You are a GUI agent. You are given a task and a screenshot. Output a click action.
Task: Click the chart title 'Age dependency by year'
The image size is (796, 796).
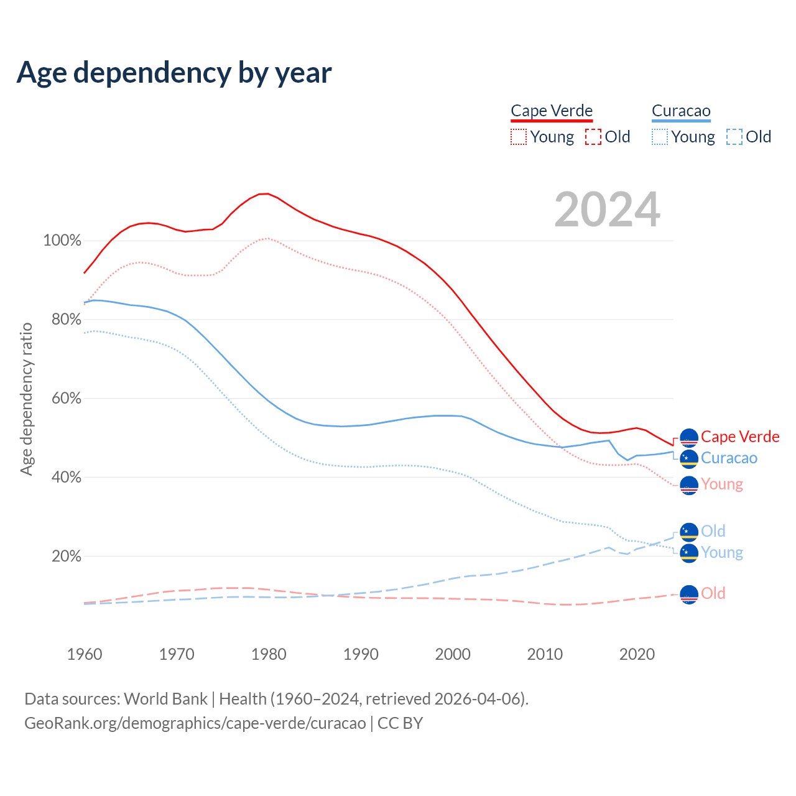[x=174, y=73]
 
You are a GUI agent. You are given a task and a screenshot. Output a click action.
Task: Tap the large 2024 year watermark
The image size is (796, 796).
[x=607, y=210]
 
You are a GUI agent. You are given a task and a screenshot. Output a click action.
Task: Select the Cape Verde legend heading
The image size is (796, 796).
[x=552, y=111]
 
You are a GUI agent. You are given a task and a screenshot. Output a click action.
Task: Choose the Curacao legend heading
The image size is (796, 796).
[x=681, y=111]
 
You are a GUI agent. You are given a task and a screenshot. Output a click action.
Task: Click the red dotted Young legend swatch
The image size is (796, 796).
[x=518, y=137]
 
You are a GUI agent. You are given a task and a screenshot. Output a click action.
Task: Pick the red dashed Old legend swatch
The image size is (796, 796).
[x=593, y=137]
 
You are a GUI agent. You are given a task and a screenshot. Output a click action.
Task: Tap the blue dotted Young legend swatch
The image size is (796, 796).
[x=660, y=137]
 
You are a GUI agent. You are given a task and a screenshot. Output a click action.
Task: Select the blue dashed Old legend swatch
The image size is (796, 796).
[x=734, y=137]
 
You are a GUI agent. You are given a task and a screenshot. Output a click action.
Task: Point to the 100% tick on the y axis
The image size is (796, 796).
[x=62, y=241]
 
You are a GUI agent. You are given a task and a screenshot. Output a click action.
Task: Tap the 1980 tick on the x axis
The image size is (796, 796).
[x=269, y=654]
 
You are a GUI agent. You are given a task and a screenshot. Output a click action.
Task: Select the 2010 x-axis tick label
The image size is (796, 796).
[x=545, y=654]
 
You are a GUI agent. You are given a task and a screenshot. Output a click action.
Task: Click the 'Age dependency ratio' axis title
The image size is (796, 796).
[x=26, y=399]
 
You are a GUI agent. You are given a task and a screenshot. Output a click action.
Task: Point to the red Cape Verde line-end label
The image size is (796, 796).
[x=740, y=437]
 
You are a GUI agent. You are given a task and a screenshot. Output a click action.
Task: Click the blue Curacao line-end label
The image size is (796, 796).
[x=729, y=458]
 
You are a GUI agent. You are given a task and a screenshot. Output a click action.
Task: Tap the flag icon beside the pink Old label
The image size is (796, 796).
[x=689, y=595]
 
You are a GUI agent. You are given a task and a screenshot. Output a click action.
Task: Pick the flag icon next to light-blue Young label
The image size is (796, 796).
[x=689, y=553]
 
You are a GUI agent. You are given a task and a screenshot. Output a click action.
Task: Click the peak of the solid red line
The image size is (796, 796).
[x=266, y=194]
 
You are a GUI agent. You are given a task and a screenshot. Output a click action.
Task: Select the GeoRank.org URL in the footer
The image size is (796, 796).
[x=195, y=723]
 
